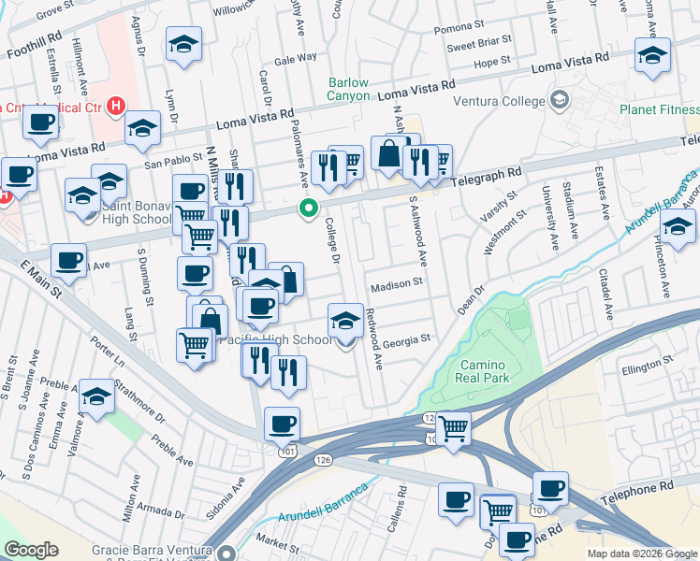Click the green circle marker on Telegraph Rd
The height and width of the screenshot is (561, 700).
[x=306, y=209]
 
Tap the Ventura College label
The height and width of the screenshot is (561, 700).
[x=498, y=101]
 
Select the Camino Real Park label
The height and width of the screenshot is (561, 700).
[x=485, y=371]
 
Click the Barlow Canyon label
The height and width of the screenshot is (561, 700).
[x=348, y=89]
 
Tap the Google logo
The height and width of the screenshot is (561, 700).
[x=31, y=550]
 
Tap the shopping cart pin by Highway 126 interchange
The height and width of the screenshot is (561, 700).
[x=454, y=428]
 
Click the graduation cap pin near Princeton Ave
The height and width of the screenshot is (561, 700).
[x=678, y=225]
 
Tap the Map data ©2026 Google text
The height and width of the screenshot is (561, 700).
[x=641, y=554]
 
